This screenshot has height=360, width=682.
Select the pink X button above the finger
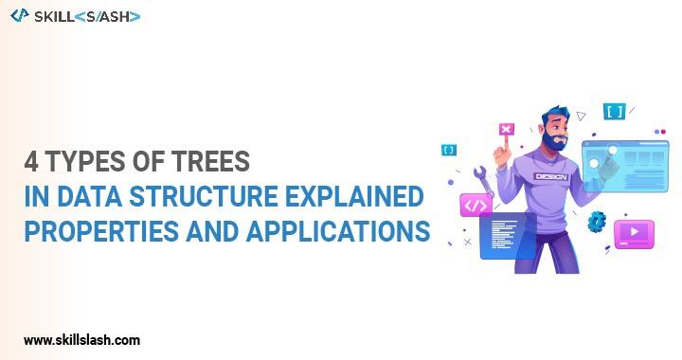506,130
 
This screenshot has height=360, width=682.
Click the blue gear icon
597,222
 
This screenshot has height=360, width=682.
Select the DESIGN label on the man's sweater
549,177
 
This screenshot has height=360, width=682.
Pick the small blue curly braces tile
448,150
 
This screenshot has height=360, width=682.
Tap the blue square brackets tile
614,112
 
